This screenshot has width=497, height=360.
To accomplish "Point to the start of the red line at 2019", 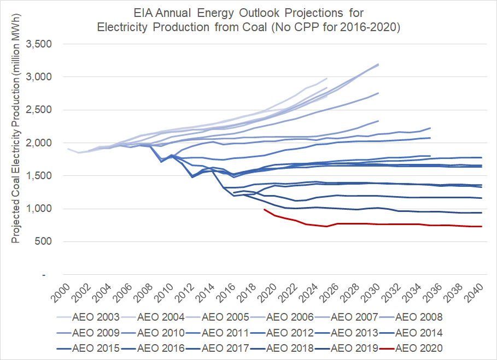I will point(264,209).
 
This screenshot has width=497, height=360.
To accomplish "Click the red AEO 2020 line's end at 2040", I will point(481,226).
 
